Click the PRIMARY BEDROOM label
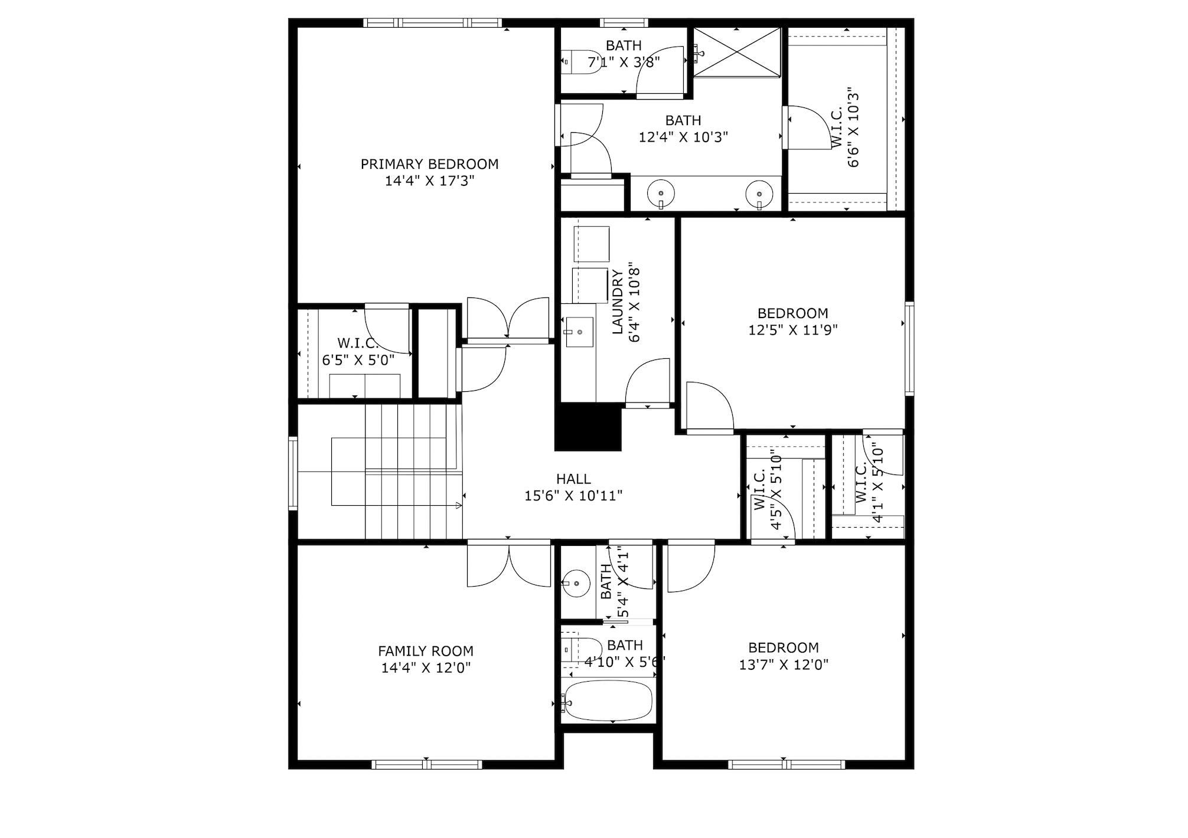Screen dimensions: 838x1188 click(429, 164)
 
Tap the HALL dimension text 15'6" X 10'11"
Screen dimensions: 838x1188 click(573, 496)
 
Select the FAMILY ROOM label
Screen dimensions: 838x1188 click(425, 651)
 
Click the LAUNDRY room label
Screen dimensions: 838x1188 click(618, 302)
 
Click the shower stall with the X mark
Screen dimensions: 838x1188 click(737, 53)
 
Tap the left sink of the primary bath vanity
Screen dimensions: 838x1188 click(661, 192)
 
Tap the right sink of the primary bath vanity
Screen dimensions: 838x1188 click(759, 192)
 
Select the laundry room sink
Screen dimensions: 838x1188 click(578, 332)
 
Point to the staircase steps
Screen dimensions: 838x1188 click(413, 472)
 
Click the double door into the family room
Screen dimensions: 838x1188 click(508, 565)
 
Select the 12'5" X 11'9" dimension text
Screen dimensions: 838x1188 click(792, 330)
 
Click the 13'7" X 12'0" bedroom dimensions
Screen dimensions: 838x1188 click(783, 664)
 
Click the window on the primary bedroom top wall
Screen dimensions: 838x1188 click(433, 23)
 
